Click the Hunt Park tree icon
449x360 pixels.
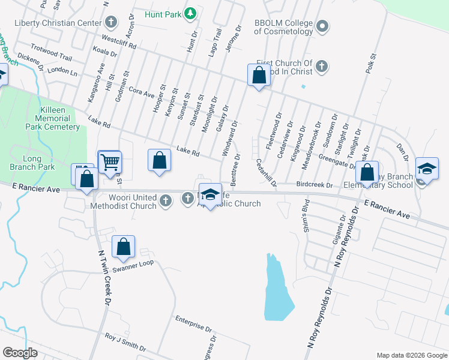point(190,13)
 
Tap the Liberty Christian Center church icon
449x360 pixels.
point(110,23)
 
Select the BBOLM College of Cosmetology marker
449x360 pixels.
point(322,26)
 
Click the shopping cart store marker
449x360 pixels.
point(110,161)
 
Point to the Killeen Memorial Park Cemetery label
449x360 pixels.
point(52,118)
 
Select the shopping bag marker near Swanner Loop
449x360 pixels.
point(123,246)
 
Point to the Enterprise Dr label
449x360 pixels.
point(194,323)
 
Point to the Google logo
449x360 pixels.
point(20,352)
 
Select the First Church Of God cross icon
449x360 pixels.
point(322,65)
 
